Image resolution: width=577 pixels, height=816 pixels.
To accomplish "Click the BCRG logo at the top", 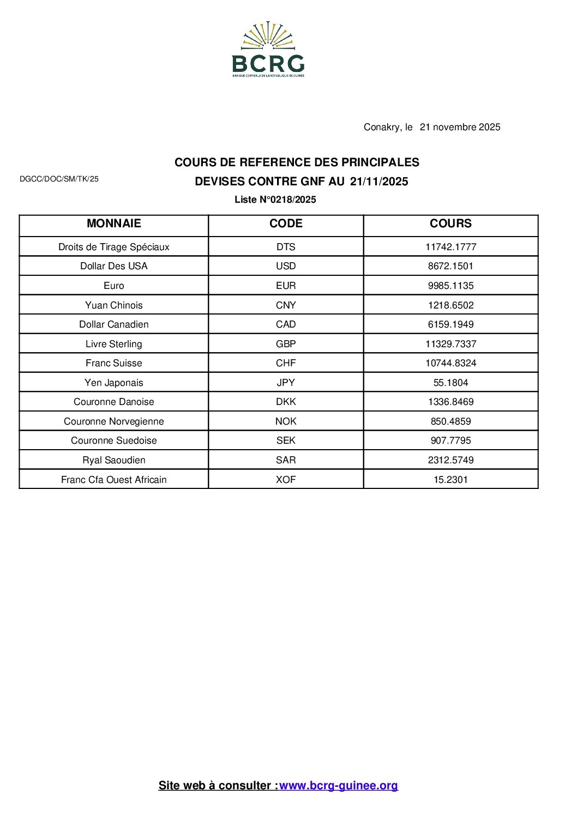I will pyautogui.click(x=268, y=50).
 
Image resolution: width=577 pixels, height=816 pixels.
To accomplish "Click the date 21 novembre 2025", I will pyautogui.click(x=460, y=127).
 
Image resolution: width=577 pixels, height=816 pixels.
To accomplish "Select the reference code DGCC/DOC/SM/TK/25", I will pyautogui.click(x=59, y=179).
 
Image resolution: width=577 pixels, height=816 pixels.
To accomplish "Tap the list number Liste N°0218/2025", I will pyautogui.click(x=275, y=200).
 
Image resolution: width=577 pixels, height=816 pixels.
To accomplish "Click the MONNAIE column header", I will pyautogui.click(x=113, y=223).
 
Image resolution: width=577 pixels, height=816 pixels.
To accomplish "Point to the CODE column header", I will pyautogui.click(x=286, y=223).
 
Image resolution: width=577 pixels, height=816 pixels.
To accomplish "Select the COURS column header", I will pyautogui.click(x=450, y=223).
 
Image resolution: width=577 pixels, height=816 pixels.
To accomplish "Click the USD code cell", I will pyautogui.click(x=286, y=266).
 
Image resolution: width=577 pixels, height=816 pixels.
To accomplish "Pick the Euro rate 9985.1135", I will pyautogui.click(x=450, y=286).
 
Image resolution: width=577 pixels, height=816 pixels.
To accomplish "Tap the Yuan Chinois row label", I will pyautogui.click(x=113, y=305).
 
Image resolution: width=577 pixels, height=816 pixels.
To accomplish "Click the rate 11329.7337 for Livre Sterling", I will pyautogui.click(x=450, y=344).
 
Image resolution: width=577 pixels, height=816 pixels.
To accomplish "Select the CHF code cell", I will pyautogui.click(x=286, y=363).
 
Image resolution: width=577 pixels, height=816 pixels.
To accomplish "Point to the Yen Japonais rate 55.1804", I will pyautogui.click(x=450, y=383).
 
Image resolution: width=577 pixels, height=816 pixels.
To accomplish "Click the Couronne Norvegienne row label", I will pyautogui.click(x=113, y=421).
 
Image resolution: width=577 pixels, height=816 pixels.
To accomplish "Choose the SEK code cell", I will pyautogui.click(x=286, y=440).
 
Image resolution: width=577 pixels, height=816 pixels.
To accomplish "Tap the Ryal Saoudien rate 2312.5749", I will pyautogui.click(x=450, y=460).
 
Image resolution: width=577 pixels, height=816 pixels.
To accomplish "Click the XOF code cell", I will pyautogui.click(x=286, y=480).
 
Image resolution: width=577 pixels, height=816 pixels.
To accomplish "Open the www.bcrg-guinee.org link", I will pyautogui.click(x=339, y=785).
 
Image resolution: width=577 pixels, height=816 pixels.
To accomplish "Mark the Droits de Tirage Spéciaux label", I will pyautogui.click(x=113, y=247).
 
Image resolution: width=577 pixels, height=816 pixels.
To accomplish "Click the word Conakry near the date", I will pyautogui.click(x=381, y=127).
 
